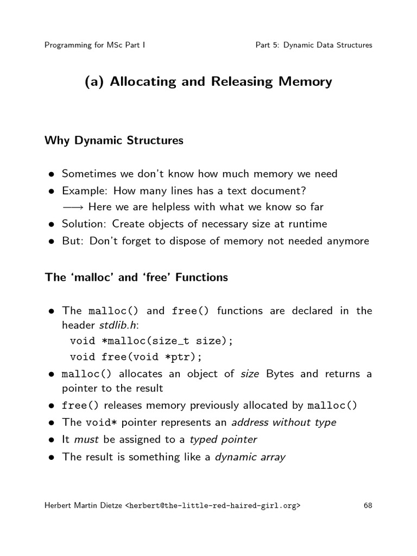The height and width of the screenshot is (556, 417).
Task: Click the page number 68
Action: point(368,506)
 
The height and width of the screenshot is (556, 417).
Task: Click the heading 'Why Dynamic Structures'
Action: point(114,141)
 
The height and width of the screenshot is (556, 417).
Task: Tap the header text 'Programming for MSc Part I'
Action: point(94,45)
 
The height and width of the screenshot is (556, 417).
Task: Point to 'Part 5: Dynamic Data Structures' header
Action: point(314,45)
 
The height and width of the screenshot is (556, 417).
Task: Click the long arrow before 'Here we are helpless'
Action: point(73,207)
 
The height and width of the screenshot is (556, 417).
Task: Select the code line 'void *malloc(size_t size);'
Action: point(151,342)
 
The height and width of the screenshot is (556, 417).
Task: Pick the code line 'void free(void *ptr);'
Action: point(136,357)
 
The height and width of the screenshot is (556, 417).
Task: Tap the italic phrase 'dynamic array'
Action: point(250,457)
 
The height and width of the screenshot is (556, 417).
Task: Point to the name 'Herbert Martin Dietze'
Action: point(84,506)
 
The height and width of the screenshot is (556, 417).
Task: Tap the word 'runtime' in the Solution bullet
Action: point(309,224)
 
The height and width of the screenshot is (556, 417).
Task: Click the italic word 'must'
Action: point(85,440)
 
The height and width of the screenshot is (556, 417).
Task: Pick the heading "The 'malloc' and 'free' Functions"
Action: point(136,277)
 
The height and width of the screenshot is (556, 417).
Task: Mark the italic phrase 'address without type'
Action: point(283,422)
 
